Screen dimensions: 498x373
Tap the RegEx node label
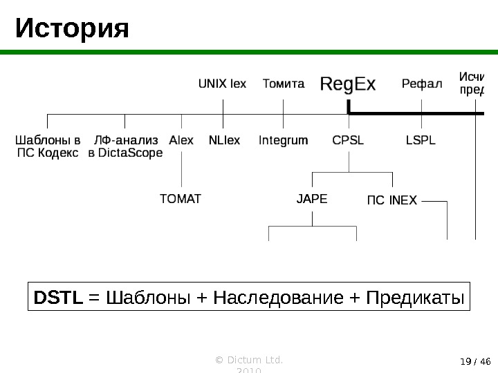pyautogui.click(x=348, y=84)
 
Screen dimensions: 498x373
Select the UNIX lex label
pyautogui.click(x=222, y=85)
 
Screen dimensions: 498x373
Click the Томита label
pyautogui.click(x=284, y=85)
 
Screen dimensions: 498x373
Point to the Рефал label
pyautogui.click(x=421, y=85)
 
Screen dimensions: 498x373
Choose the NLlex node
pyautogui.click(x=224, y=140)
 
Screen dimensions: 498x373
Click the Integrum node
pyautogui.click(x=283, y=140)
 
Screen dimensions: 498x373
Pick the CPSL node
pyautogui.click(x=348, y=140)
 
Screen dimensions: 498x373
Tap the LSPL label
pyautogui.click(x=421, y=140)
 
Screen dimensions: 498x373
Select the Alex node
pyautogui.click(x=181, y=140)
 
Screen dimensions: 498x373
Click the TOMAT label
pyautogui.click(x=181, y=199)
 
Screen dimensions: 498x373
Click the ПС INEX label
pyautogui.click(x=391, y=200)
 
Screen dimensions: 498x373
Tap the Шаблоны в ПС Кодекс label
pyautogui.click(x=47, y=146)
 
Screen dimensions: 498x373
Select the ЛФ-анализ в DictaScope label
pyautogui.click(x=126, y=146)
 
